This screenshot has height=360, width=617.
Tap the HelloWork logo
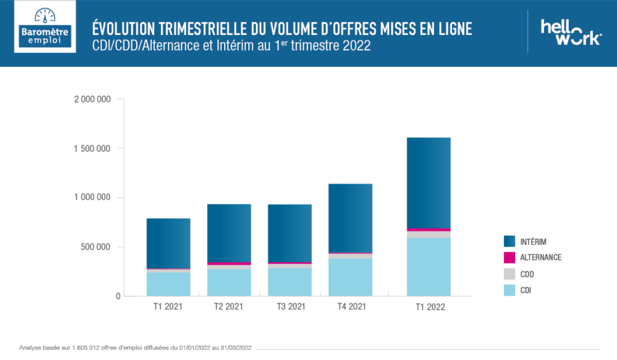(570, 32)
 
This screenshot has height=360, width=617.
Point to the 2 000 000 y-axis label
(92, 99)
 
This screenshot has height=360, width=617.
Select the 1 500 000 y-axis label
(92, 149)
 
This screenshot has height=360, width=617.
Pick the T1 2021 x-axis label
(168, 307)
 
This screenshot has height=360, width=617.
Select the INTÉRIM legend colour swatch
(509, 241)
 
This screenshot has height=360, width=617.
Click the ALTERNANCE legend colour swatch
(509, 257)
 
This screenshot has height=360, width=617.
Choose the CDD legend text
(527, 274)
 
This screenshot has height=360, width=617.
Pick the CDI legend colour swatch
(509, 291)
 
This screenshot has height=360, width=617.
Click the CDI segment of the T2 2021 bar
(229, 283)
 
